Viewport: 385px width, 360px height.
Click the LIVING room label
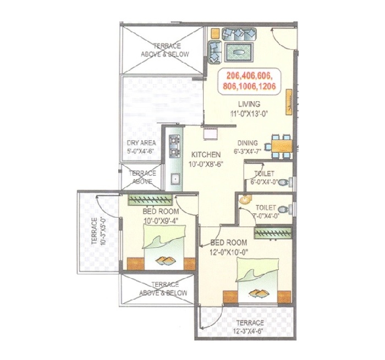(249, 104)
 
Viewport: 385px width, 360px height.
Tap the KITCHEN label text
(206, 155)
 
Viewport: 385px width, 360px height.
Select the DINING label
(248, 143)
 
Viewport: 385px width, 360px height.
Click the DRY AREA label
(141, 143)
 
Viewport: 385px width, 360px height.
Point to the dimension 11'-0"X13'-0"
(249, 114)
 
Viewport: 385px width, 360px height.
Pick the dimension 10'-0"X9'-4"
(161, 220)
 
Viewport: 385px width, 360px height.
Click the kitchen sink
(175, 179)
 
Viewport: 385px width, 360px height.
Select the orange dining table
(282, 146)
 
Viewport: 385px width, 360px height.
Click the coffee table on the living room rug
(238, 52)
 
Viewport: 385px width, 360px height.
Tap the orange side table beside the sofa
(215, 33)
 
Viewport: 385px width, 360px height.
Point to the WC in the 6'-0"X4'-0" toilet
(285, 182)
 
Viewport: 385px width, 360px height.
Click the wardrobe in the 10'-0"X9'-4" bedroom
(150, 200)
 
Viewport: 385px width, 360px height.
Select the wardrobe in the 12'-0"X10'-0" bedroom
(273, 233)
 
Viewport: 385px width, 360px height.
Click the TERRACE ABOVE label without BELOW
(142, 177)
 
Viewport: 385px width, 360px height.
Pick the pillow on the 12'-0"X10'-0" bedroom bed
(257, 269)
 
